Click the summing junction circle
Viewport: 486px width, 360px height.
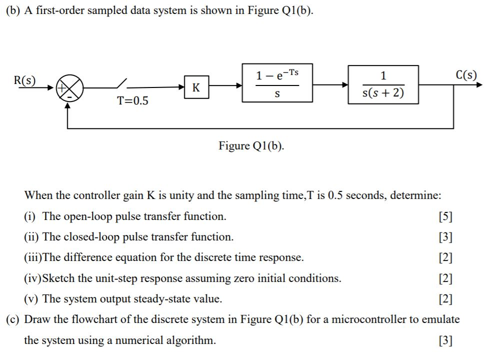click(x=69, y=88)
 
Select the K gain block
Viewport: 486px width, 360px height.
click(x=196, y=87)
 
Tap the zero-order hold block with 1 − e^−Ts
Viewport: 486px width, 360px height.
click(x=277, y=83)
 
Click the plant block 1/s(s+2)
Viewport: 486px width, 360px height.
click(x=383, y=84)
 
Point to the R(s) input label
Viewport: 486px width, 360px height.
click(x=24, y=80)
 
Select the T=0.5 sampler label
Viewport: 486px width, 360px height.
click(x=132, y=101)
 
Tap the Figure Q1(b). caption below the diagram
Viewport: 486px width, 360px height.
click(x=251, y=146)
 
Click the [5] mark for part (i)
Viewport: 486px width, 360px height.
click(x=444, y=216)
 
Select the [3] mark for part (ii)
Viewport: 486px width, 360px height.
click(x=444, y=237)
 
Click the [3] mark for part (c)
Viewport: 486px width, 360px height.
click(x=444, y=341)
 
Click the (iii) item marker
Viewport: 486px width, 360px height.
click(x=32, y=258)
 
